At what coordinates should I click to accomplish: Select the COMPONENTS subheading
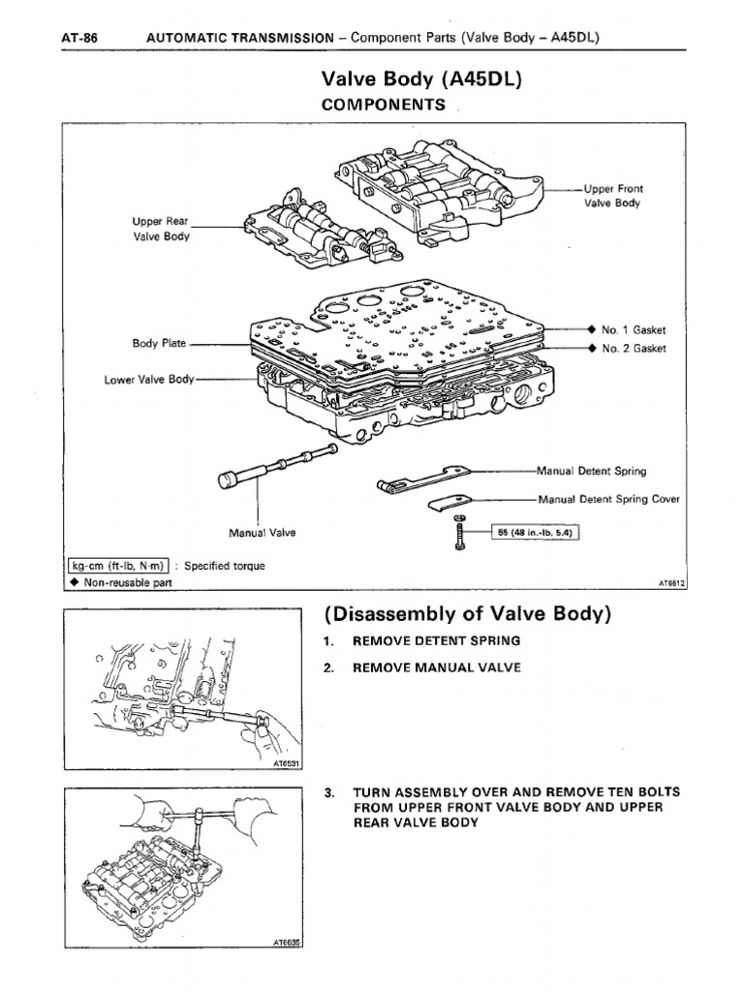[x=383, y=105]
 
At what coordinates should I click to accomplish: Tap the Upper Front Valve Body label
[x=613, y=196]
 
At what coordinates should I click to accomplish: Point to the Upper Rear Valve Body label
[x=163, y=229]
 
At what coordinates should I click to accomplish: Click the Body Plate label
[x=158, y=343]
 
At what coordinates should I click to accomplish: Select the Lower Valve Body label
[x=149, y=380]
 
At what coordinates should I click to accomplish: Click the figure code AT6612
[x=670, y=584]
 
